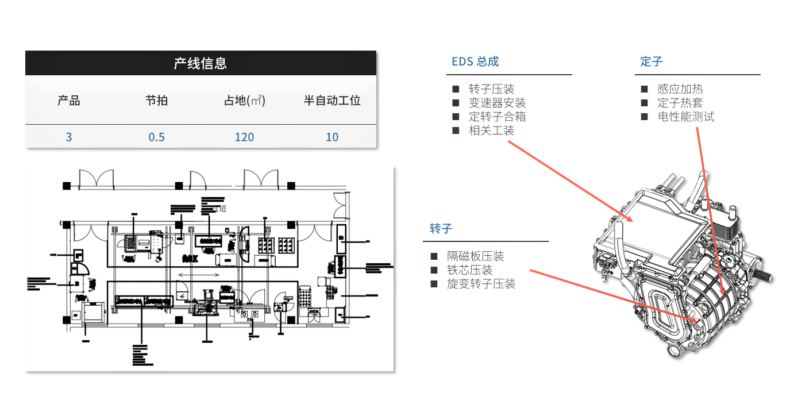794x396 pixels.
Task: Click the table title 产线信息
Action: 201,63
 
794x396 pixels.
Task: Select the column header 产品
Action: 69,101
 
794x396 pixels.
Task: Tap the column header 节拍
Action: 156,101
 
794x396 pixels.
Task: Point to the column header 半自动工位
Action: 332,101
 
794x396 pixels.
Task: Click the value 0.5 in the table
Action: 156,137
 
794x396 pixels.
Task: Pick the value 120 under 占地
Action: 244,137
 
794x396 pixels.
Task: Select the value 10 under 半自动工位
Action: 332,137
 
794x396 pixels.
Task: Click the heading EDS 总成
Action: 475,61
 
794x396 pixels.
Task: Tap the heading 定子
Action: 652,61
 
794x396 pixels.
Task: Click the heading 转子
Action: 441,229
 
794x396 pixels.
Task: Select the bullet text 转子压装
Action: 491,89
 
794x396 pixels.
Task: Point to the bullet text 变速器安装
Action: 497,103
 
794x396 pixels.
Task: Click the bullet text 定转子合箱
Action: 497,117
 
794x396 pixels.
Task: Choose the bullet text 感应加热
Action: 680,89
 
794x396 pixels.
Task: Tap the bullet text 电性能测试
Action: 686,117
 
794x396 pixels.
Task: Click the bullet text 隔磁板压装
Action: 475,256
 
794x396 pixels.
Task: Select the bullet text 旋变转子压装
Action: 481,284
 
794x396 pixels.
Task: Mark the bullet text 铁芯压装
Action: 469,270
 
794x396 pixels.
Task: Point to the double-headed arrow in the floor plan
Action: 198,276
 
